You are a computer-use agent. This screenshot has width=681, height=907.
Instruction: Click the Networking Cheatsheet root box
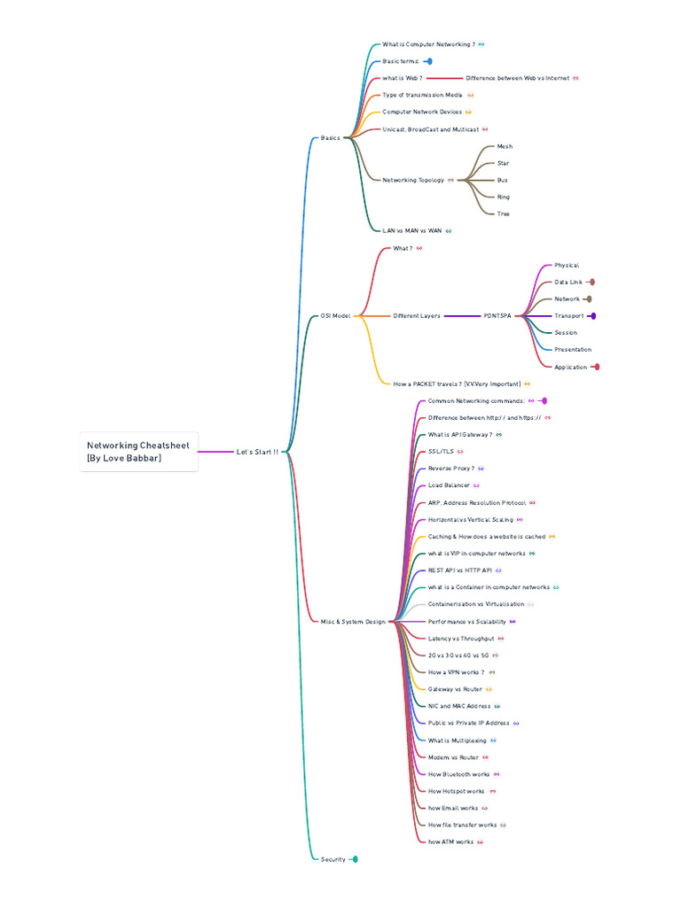coord(137,452)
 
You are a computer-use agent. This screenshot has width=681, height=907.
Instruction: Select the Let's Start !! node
coord(257,452)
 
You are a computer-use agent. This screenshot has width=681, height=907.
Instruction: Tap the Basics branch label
coord(330,138)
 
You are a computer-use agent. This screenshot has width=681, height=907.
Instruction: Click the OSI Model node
coord(336,316)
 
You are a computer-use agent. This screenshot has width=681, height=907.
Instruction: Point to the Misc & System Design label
coord(353,622)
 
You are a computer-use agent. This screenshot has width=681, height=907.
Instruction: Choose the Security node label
coord(333,859)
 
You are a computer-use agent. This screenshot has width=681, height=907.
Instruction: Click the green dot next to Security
coord(355,859)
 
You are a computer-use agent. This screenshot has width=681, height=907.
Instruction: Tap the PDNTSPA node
coord(497,316)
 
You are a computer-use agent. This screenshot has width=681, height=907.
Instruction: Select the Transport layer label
coord(569,316)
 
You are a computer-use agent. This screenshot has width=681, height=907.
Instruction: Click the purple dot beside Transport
coord(592,316)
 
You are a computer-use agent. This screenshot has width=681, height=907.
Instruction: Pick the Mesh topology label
coord(505,146)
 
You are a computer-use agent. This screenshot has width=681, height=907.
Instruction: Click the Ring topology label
coord(504,197)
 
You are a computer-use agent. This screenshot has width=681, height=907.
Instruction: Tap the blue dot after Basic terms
coord(428,62)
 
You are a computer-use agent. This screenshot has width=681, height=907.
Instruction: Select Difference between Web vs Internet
coord(517,78)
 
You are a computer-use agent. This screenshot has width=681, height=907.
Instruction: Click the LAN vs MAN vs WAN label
coord(411,230)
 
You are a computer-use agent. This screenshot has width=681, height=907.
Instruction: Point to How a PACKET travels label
coord(457,384)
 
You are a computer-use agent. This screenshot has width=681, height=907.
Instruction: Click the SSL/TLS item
coord(441,452)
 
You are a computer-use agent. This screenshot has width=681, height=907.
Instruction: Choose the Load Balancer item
coord(449,485)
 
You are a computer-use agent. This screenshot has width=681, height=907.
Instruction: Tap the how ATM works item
coord(450,842)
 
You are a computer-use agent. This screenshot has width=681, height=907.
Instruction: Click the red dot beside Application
coord(597,367)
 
